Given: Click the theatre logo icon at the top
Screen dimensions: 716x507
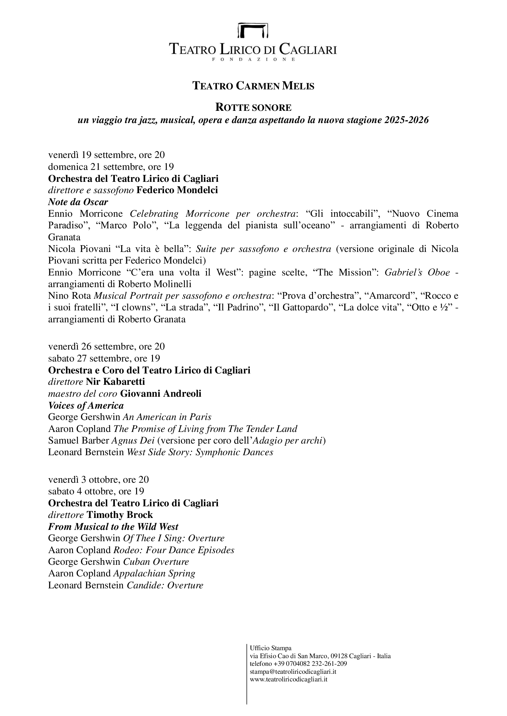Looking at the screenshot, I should pos(253,30).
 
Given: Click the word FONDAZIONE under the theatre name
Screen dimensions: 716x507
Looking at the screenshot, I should pos(253,59).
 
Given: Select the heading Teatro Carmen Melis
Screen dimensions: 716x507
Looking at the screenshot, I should pos(253,86).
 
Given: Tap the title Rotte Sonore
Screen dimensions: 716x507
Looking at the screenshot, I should pos(253,107).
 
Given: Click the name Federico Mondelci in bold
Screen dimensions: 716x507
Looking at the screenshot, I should pos(177,190).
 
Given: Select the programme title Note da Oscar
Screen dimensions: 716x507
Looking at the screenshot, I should pos(78,202).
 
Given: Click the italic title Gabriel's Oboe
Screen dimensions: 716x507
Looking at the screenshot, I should pos(417,272).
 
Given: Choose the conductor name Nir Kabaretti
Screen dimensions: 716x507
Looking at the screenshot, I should pos(115,381).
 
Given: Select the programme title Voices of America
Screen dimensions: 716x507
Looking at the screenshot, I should pos(86,405).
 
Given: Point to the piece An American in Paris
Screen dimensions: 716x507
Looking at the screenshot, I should pos(167,417).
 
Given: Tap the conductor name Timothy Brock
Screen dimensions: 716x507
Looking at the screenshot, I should pos(120,515).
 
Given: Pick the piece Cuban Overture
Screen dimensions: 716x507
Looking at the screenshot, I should pos(156,562).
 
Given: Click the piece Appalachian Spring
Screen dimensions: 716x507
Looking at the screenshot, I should pos(154,573).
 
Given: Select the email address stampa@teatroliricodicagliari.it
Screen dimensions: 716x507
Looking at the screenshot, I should pos(293,671).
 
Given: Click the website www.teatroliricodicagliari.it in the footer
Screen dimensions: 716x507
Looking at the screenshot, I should pos(288,679).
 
